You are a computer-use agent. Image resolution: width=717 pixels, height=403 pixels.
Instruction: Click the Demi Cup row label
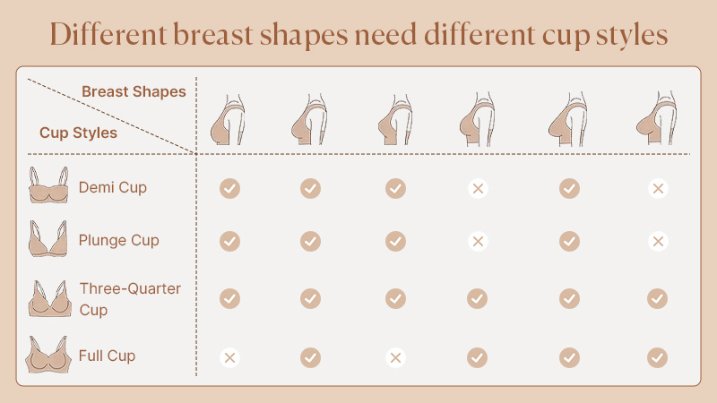click(113, 188)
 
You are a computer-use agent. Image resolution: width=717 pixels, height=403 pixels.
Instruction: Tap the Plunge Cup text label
click(119, 241)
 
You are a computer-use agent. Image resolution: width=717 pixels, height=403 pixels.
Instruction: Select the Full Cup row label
click(107, 356)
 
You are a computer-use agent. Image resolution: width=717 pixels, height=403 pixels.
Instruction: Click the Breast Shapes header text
click(134, 91)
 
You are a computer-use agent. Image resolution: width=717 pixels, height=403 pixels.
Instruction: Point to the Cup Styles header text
click(78, 133)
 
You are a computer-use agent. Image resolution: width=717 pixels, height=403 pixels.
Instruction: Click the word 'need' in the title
click(385, 35)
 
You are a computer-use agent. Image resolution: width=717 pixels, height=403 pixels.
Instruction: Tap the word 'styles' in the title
click(632, 36)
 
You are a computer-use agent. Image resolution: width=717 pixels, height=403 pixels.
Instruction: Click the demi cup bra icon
click(48, 185)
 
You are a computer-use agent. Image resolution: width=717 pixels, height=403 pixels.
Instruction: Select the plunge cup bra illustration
click(48, 238)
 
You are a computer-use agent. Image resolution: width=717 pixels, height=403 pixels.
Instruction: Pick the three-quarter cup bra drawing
click(49, 298)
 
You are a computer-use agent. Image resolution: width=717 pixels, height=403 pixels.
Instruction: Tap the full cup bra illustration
click(48, 355)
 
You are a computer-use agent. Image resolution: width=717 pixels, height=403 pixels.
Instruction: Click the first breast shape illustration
click(228, 120)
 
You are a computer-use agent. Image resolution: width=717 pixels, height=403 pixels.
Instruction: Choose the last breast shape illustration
click(656, 118)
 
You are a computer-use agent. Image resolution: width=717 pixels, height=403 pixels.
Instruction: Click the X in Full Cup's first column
click(229, 357)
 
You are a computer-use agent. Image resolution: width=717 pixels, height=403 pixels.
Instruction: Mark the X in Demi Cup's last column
click(658, 188)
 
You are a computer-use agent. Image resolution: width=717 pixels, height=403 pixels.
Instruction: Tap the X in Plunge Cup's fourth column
click(478, 241)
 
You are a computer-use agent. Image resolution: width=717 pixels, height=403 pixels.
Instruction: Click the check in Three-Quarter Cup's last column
click(657, 299)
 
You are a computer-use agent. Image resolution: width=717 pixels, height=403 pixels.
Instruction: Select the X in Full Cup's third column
click(395, 357)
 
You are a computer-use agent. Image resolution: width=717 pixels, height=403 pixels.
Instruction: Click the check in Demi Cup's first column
click(229, 188)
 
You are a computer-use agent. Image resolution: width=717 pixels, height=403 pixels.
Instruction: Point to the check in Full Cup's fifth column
click(569, 357)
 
